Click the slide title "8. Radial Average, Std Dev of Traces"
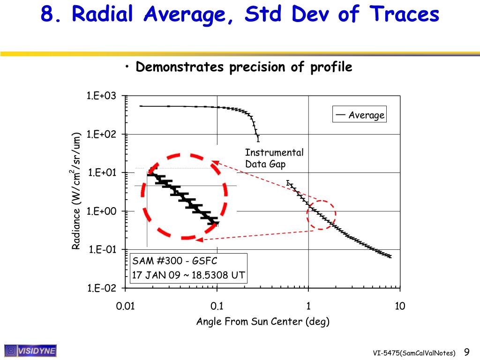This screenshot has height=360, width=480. click(x=240, y=14)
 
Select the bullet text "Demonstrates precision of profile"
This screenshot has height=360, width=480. click(x=244, y=67)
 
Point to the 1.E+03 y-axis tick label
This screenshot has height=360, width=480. click(x=101, y=96)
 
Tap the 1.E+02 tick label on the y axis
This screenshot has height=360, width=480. click(x=101, y=135)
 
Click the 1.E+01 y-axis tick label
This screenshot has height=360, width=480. click(x=101, y=173)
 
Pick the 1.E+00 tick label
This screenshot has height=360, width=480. click(x=101, y=211)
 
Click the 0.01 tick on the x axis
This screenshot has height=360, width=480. click(x=125, y=307)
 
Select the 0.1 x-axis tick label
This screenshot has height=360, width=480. click(x=217, y=307)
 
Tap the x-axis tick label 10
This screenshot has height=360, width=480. click(x=400, y=307)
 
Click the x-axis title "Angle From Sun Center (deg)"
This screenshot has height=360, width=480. click(x=262, y=322)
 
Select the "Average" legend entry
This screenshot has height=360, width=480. click(x=360, y=115)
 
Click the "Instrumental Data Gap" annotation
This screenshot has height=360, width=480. click(x=274, y=158)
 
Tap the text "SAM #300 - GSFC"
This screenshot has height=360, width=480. click(x=175, y=261)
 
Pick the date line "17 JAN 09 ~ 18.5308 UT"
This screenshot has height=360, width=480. click(x=188, y=275)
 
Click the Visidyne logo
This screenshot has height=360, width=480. click(x=30, y=351)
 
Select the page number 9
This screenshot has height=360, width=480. click(x=466, y=352)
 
